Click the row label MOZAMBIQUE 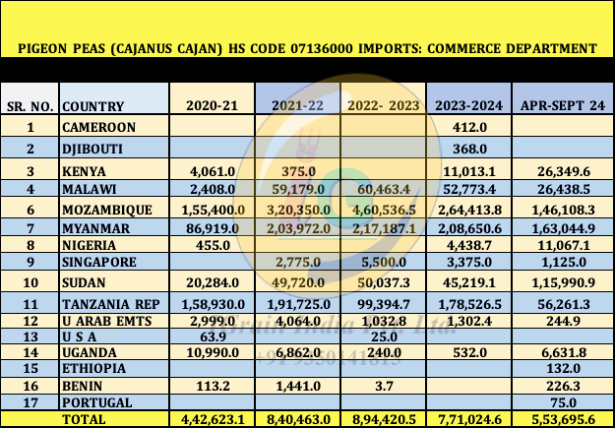click(106, 209)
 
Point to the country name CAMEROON click(98, 127)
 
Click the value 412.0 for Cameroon click(468, 127)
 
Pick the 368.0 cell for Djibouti click(468, 149)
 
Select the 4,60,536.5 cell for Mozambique click(383, 209)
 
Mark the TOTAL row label click(85, 418)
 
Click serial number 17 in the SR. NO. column click(31, 401)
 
